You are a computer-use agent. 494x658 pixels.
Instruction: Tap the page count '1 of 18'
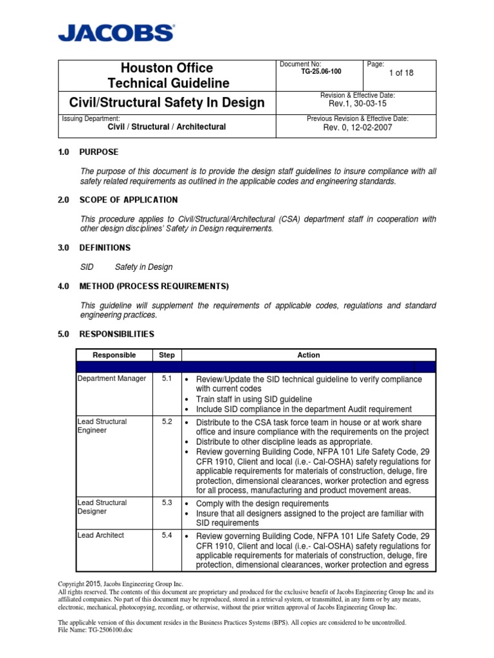(400, 73)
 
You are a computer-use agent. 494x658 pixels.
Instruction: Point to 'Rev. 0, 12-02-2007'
(358, 127)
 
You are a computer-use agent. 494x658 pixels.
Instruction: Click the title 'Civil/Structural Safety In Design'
(167, 103)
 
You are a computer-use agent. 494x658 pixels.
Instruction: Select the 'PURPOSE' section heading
(98, 152)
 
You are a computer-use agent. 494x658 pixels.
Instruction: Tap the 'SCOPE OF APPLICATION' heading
(128, 200)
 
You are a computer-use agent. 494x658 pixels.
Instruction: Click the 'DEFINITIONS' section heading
(104, 247)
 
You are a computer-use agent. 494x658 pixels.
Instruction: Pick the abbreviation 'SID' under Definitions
(87, 267)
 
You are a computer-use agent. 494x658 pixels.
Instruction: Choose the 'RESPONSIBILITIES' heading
(116, 334)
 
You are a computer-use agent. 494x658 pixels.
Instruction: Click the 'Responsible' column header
(114, 355)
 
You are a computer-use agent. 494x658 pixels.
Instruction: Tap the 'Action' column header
(308, 355)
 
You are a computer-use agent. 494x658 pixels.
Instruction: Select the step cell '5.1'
(167, 379)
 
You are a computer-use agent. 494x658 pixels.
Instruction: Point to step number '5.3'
(167, 502)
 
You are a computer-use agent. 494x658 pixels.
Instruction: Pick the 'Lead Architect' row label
(101, 535)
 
